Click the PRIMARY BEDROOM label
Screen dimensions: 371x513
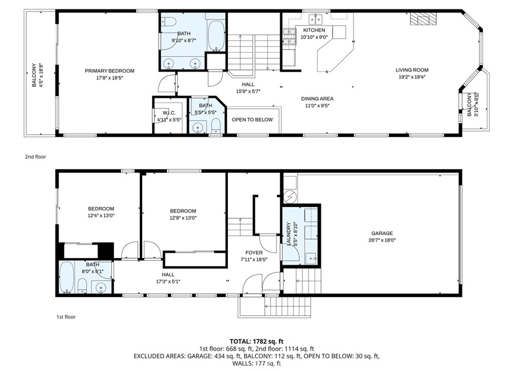tap(109, 71)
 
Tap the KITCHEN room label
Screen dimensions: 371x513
tap(314, 31)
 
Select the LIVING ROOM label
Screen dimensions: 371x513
tap(412, 70)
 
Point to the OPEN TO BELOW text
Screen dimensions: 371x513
tap(252, 120)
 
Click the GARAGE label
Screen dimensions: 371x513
tap(382, 233)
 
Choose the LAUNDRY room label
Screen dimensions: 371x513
tap(289, 234)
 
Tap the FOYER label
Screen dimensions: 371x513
tap(253, 253)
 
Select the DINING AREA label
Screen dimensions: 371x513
tap(317, 99)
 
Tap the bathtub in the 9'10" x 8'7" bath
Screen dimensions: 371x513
tap(216, 35)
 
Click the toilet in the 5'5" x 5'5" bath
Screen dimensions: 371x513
tap(215, 125)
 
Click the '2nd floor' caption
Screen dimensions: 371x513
tap(36, 157)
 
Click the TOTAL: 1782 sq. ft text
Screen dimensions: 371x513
tap(256, 340)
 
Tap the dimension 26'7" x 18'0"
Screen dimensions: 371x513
tap(382, 240)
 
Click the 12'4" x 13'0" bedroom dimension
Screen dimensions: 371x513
tap(101, 216)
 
